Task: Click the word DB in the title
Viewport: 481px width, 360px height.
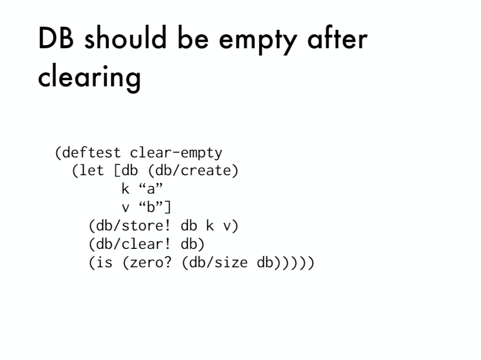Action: [56, 37]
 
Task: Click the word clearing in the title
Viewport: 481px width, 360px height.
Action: [89, 77]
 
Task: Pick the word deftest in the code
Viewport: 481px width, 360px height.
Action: [91, 153]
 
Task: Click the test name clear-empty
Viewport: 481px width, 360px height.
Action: [176, 153]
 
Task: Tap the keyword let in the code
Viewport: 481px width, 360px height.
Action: [91, 171]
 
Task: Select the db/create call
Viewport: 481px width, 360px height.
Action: [193, 171]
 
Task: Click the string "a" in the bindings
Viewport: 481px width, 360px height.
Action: [151, 189]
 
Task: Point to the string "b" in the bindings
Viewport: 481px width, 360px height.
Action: [151, 207]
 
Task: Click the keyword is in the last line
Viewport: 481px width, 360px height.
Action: [104, 262]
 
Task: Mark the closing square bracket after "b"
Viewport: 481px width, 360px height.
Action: [168, 207]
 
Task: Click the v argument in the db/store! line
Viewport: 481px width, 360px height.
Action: [227, 227]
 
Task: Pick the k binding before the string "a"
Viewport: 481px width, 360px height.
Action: [125, 189]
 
